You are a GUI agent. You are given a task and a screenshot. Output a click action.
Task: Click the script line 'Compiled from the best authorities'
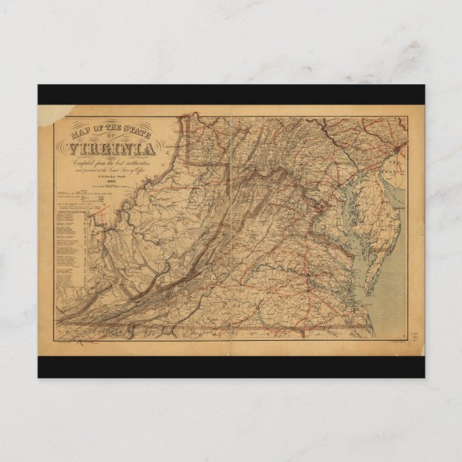pyautogui.click(x=112, y=161)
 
